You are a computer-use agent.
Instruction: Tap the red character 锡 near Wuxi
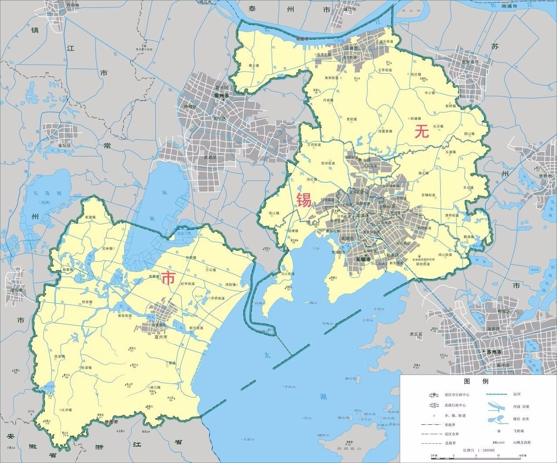[x=304, y=200]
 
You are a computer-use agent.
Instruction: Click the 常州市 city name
[x=222, y=95]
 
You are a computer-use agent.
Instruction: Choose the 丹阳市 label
[x=72, y=5]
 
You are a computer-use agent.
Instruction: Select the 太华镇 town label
[x=67, y=409]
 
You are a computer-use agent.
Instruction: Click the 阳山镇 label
[x=274, y=213]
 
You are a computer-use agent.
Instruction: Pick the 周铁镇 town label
[x=230, y=285]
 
